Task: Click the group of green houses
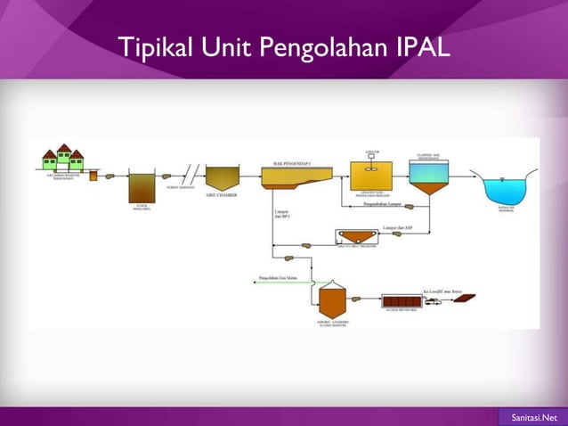63,158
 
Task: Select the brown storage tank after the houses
141,186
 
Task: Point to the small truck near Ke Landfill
434,302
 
